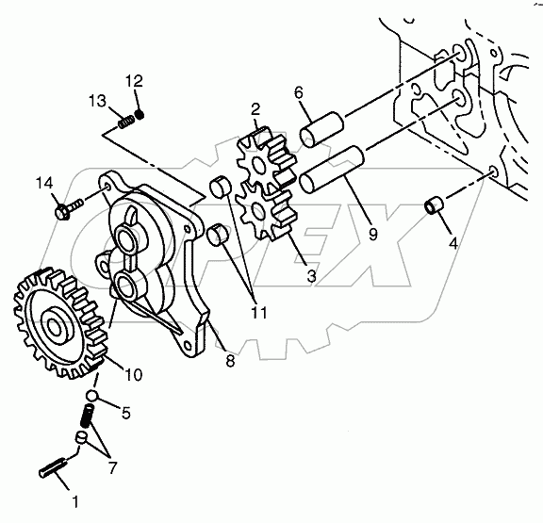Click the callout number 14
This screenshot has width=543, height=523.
pyautogui.click(x=44, y=183)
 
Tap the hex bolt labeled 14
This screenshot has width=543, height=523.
pyautogui.click(x=69, y=208)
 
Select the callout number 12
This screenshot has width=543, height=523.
pyautogui.click(x=134, y=81)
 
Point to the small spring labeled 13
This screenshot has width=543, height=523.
pyautogui.click(x=126, y=122)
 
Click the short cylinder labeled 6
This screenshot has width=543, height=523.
pyautogui.click(x=321, y=129)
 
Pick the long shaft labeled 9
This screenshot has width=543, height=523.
pyautogui.click(x=332, y=170)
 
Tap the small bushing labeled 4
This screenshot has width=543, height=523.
pyautogui.click(x=435, y=204)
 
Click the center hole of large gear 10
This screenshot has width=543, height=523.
pyautogui.click(x=54, y=326)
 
